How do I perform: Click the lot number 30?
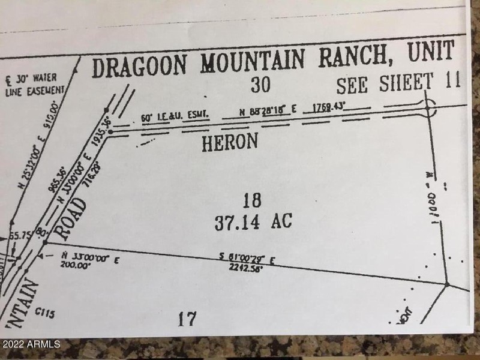click(260, 86)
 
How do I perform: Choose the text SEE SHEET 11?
click(398, 83)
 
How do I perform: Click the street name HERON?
click(230, 142)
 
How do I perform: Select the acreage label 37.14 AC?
click(253, 221)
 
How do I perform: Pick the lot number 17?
click(187, 318)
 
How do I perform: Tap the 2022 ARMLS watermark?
click(31, 344)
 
